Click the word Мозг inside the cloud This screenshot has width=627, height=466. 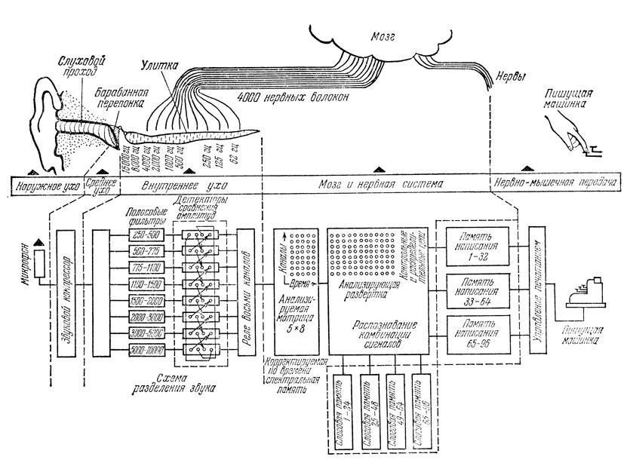click(x=388, y=35)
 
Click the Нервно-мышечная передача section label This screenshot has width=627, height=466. click(x=555, y=183)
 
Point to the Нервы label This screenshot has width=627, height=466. click(x=508, y=77)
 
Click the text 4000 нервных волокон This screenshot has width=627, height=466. click(x=288, y=98)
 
